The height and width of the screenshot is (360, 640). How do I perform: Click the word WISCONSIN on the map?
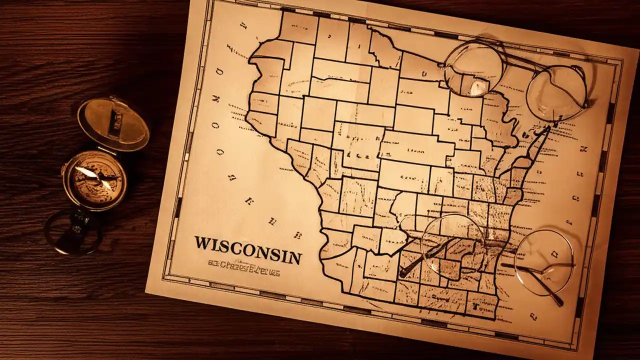(x=248, y=250)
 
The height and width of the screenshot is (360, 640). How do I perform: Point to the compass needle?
(x=94, y=178)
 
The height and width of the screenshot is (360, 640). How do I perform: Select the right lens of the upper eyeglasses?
(x=556, y=93)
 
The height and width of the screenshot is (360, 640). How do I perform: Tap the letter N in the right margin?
(x=583, y=148)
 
